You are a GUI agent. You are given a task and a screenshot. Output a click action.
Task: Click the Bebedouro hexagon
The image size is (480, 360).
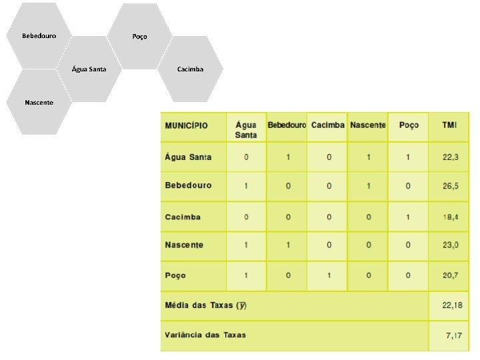(39, 35)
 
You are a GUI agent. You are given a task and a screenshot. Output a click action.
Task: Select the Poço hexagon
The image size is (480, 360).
(139, 36)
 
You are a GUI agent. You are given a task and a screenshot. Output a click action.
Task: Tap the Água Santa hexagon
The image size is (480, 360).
(89, 69)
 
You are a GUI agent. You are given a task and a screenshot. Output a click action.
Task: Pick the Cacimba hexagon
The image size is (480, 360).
(191, 69)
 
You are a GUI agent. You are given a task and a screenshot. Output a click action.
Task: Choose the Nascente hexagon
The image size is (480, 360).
(39, 102)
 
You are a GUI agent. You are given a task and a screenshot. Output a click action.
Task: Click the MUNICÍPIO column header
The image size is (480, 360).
(187, 125)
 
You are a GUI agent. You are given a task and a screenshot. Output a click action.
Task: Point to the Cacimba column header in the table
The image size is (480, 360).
(327, 125)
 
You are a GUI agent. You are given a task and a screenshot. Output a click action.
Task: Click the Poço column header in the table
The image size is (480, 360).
(409, 125)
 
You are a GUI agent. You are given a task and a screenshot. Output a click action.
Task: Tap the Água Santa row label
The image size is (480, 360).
(188, 157)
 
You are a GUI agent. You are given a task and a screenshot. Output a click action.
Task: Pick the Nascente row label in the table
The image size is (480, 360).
(184, 245)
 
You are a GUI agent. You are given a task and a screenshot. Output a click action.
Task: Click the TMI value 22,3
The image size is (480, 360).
(451, 157)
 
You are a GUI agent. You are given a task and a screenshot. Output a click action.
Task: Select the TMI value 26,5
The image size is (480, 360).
(451, 185)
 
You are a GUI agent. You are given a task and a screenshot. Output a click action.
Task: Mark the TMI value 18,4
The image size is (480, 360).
(451, 217)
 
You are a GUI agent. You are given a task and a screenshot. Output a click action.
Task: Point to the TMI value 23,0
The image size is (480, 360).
(451, 245)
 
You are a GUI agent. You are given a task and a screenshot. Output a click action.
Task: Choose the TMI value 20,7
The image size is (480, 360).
(451, 275)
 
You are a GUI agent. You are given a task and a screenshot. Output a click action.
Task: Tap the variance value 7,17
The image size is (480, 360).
(454, 335)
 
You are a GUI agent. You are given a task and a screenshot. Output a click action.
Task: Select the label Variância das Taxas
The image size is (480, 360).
(205, 335)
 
